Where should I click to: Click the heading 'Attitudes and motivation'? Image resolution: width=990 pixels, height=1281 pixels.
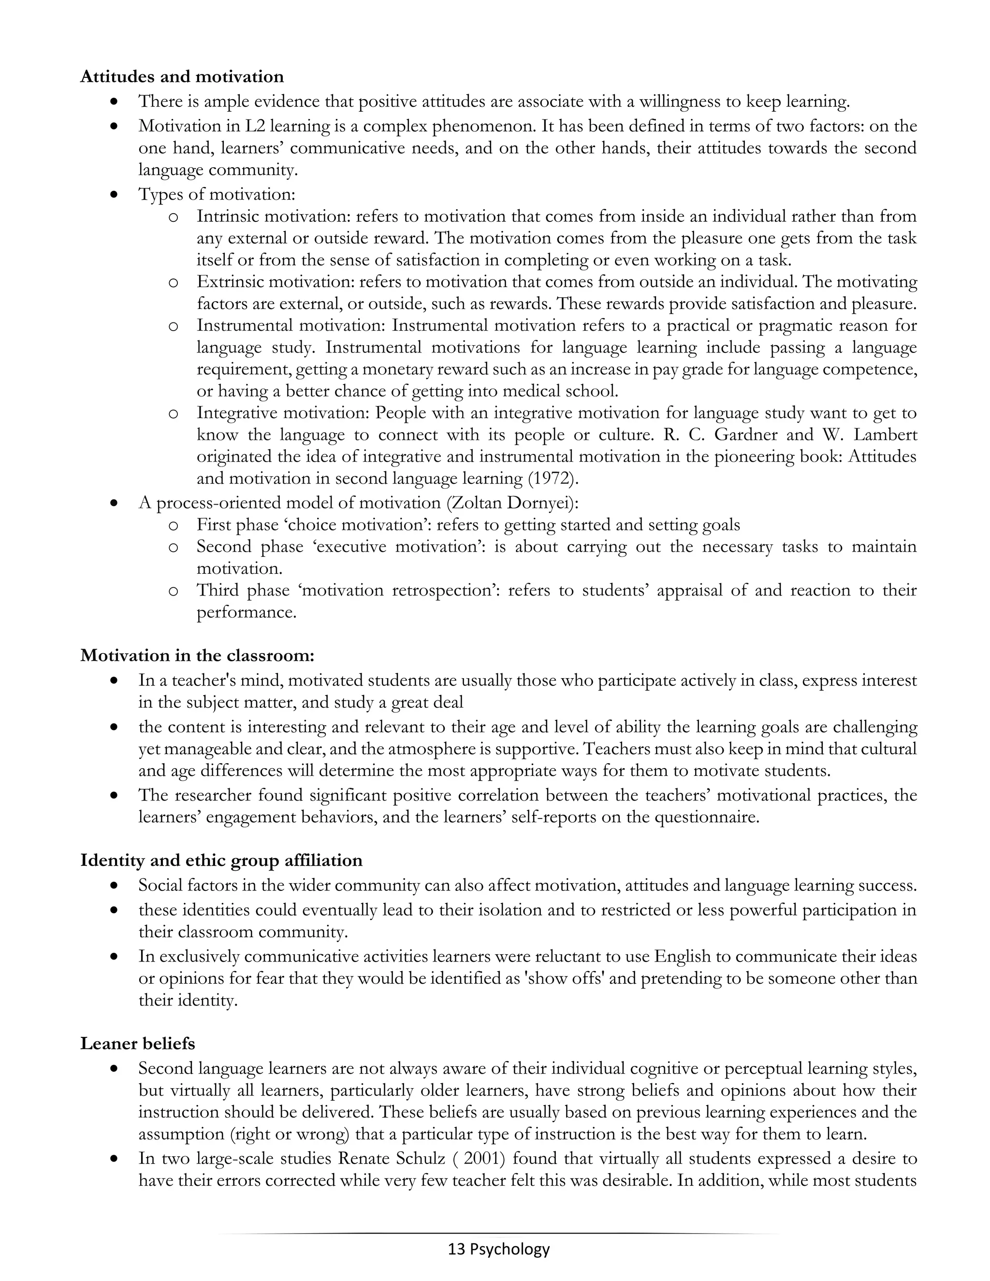[182, 77]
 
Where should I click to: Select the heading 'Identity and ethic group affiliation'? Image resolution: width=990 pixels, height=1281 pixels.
[221, 860]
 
